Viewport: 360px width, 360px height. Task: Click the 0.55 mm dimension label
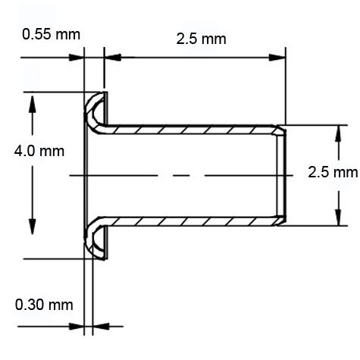click(x=51, y=35)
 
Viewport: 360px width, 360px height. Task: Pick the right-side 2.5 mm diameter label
click(x=333, y=172)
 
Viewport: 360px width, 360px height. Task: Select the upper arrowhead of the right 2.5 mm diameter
click(x=335, y=133)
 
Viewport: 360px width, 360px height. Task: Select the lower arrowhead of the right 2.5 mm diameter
click(x=335, y=218)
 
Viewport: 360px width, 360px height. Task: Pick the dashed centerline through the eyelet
click(x=182, y=175)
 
